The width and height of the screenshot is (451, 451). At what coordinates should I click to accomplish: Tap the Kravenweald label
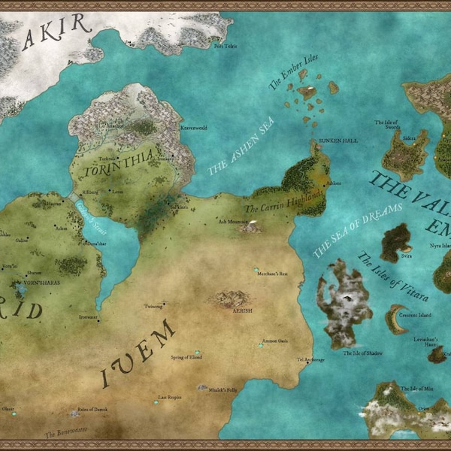point(193,128)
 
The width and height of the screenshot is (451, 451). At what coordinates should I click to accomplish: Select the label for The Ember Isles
point(285,76)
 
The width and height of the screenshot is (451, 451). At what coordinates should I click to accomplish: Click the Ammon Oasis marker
point(261,345)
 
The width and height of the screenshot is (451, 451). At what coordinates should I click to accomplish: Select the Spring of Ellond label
point(186,357)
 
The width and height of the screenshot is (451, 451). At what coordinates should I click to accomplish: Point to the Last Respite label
point(169,396)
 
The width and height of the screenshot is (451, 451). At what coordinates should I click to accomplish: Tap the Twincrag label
point(154,306)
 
